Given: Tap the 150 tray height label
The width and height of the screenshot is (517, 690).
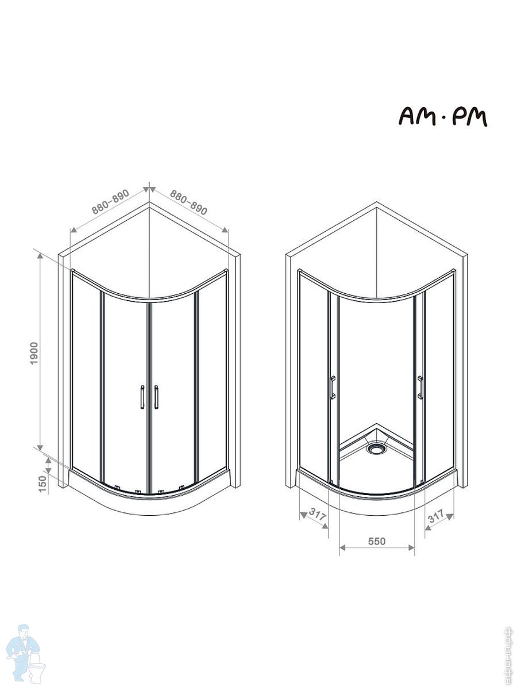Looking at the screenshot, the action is [42, 484].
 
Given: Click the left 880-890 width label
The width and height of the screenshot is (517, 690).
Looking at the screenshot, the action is [110, 201].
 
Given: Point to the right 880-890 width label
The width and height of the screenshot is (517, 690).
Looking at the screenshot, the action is [188, 202].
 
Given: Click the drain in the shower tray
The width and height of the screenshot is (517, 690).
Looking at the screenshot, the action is [376, 448].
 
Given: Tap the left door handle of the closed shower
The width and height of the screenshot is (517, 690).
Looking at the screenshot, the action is [142, 397].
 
